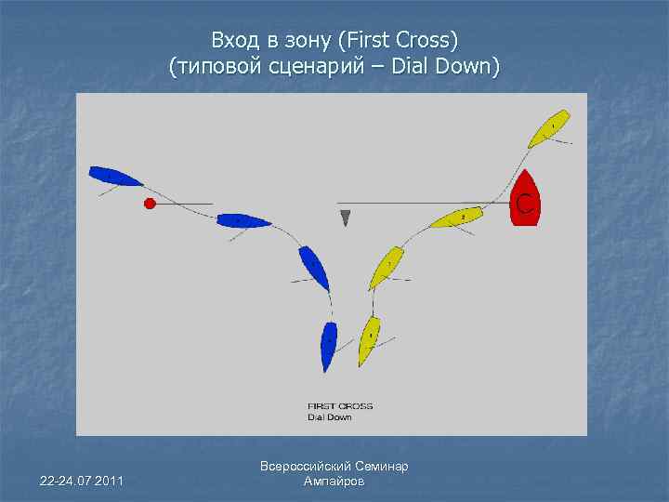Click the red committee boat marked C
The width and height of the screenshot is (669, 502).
[525, 199]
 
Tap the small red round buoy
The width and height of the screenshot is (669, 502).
[149, 203]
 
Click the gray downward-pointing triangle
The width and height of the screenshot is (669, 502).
[346, 218]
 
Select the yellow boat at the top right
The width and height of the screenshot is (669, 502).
[548, 129]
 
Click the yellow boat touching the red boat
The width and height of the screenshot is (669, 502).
[456, 218]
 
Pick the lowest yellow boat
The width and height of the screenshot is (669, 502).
[370, 339]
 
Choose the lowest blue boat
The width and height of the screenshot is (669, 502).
[328, 346]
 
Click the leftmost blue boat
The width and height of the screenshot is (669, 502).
[115, 175]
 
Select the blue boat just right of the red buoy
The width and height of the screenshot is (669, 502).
[243, 220]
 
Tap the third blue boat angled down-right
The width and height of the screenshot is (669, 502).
[314, 268]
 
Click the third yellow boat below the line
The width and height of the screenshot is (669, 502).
[387, 267]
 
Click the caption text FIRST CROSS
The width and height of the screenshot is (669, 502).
[340, 406]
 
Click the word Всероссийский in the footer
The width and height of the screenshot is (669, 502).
[308, 467]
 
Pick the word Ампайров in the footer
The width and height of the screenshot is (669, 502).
[334, 482]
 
